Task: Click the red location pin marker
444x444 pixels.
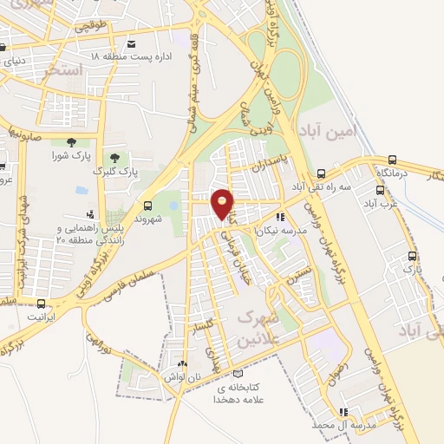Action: click(x=223, y=203)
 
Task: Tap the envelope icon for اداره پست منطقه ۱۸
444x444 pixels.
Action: click(x=131, y=43)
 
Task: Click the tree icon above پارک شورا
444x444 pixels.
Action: click(x=69, y=143)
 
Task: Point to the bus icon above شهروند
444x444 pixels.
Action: click(x=147, y=206)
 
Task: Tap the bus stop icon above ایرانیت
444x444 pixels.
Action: click(x=42, y=303)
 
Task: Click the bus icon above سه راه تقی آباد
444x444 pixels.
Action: click(x=322, y=173)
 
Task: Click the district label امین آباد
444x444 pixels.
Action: click(x=328, y=134)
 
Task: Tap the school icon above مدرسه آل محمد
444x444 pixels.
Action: click(x=343, y=412)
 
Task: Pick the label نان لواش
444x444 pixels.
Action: click(x=180, y=377)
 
